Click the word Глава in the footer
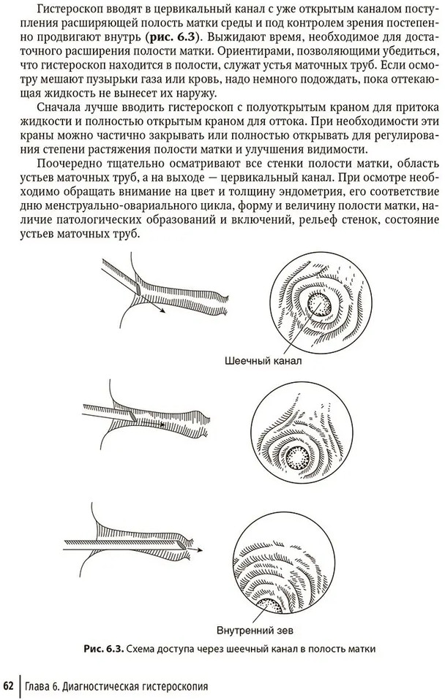pos(41,686)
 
